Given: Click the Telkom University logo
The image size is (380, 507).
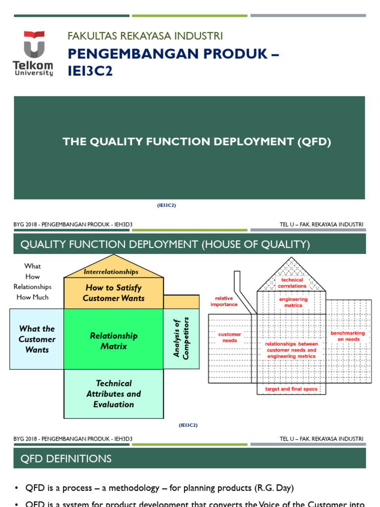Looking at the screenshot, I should [33, 53].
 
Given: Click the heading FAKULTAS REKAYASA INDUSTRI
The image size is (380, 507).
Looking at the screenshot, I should [145, 36].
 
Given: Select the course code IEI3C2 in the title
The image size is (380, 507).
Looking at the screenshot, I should [90, 71].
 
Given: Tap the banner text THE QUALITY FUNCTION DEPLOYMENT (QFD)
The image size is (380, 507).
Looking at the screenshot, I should [196, 142].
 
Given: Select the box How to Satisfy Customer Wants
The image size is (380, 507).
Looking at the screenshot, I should [113, 293].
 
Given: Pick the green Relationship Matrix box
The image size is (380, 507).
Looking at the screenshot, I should [113, 341].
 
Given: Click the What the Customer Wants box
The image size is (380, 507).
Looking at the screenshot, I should [37, 339].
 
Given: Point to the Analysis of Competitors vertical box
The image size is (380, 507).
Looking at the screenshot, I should [181, 338].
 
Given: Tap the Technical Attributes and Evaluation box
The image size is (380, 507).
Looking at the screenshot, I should [113, 394].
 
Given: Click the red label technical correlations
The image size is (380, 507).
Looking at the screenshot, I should [292, 283].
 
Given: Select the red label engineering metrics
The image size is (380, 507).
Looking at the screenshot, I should [293, 302].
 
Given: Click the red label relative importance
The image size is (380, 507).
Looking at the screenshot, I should [224, 302].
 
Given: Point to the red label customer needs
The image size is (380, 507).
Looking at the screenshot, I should [230, 337].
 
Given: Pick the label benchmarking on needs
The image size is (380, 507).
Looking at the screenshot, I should [347, 336].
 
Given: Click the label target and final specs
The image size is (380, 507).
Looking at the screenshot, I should [291, 389].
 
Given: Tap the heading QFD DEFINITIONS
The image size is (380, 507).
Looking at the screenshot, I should [66, 458].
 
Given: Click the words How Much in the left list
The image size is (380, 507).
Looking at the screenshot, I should [32, 297].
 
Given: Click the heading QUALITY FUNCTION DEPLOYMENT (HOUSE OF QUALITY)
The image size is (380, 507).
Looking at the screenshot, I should [165, 244].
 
